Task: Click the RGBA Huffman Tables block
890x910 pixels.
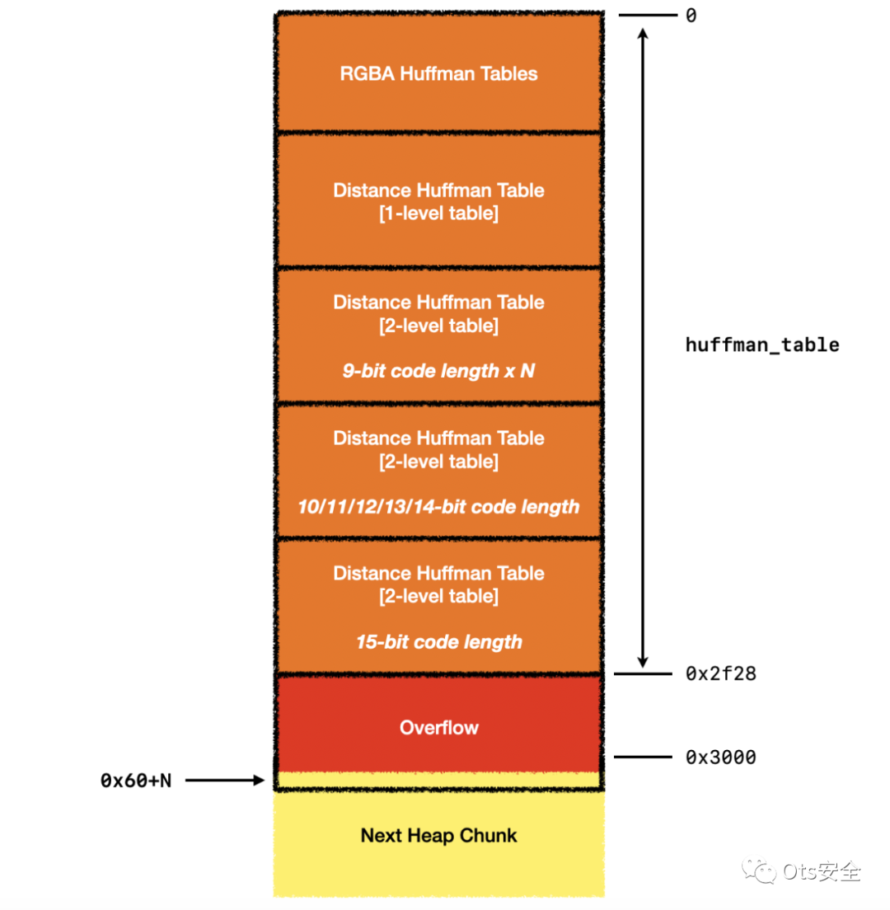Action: [x=438, y=73]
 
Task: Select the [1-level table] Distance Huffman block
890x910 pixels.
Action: [x=438, y=201]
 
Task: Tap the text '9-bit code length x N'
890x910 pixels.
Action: [x=438, y=371]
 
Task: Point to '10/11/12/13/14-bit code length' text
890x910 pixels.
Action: [x=438, y=506]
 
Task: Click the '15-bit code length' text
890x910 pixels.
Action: [x=438, y=641]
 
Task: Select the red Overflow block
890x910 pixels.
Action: [x=438, y=724]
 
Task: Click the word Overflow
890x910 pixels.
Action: [x=438, y=728]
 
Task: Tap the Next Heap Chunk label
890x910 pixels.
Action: [x=438, y=835]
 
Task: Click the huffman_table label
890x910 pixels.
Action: [x=762, y=345]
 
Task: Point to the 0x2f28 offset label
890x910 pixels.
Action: [x=720, y=674]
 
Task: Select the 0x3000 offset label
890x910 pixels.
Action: [x=720, y=757]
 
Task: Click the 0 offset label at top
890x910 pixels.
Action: [x=691, y=16]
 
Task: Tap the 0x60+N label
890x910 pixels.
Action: [x=136, y=781]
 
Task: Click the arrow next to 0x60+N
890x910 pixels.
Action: [x=222, y=781]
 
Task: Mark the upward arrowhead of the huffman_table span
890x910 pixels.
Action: [x=643, y=34]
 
